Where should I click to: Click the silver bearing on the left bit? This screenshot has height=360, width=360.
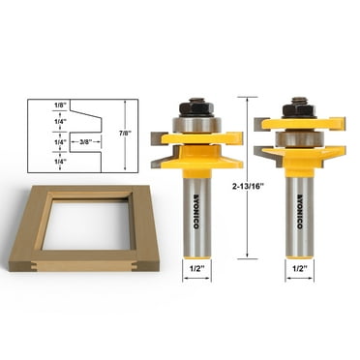[x=197, y=123]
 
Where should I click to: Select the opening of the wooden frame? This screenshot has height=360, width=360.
[x=85, y=224]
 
